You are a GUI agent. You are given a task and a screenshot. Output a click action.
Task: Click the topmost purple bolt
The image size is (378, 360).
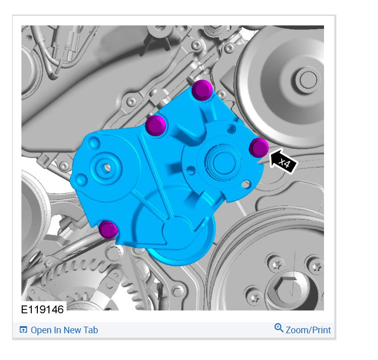pos(202,90)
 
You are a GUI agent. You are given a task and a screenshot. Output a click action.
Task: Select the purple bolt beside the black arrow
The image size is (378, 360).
pos(259,147)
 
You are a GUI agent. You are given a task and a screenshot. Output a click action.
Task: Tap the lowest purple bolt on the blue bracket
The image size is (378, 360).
pos(108,230)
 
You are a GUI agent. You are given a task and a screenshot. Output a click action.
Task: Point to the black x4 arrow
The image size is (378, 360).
pos(283,161)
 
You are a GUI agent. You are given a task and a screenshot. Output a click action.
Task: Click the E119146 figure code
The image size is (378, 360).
pos(42,310)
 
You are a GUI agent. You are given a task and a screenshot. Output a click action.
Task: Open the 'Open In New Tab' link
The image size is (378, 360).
pos(65,330)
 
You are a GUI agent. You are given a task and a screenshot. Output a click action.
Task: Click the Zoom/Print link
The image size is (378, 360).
pos(308,330)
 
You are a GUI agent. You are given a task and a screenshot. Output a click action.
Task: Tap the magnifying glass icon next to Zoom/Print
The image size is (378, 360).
pos(279,328)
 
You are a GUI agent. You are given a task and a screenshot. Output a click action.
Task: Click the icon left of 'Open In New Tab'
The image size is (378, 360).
pos(23,330)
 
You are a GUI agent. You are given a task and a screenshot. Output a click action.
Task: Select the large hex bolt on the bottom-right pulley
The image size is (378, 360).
pos(287,289)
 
